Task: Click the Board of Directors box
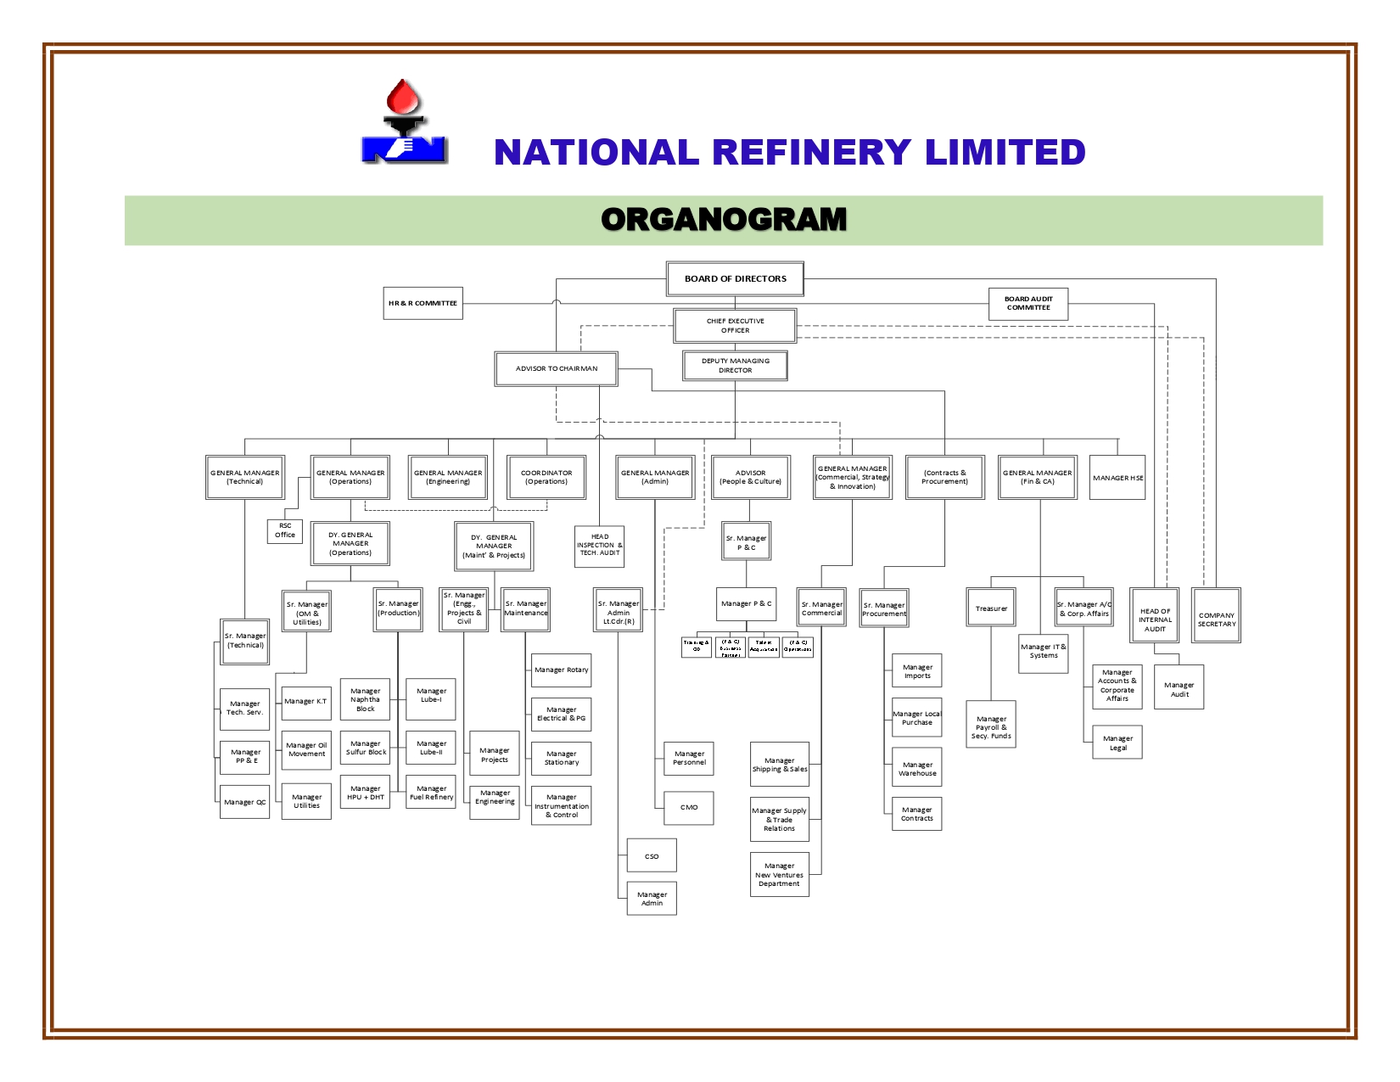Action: (x=735, y=278)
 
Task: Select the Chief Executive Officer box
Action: (x=735, y=326)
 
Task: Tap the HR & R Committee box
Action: (x=423, y=303)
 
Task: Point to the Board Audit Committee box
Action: (x=1028, y=304)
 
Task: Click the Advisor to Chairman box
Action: (x=556, y=368)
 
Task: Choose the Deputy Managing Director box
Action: (x=735, y=366)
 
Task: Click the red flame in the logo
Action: (x=403, y=98)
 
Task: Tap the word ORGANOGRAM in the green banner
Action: (x=724, y=220)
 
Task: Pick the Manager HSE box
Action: (x=1117, y=478)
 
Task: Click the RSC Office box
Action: (x=285, y=530)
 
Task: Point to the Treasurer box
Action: (x=991, y=608)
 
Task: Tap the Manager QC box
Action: (x=244, y=802)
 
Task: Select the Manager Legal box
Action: (x=1117, y=743)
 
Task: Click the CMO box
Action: (x=689, y=807)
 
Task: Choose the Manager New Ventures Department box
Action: (x=779, y=874)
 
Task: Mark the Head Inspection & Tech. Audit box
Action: (x=599, y=546)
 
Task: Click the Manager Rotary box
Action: (x=561, y=670)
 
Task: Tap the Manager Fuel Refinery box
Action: (x=431, y=792)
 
